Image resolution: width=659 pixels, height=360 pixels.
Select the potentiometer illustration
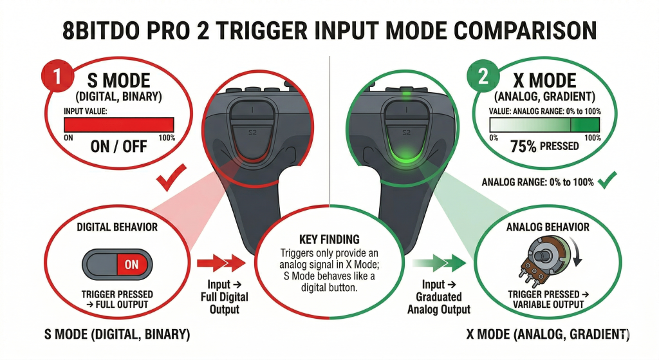tap(541, 260)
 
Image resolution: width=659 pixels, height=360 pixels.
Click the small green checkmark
tap(605, 182)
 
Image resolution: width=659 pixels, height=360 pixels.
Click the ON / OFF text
tap(118, 146)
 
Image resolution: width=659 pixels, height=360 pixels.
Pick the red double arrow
tap(221, 263)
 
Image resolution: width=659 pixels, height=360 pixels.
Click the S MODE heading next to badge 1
tap(118, 81)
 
